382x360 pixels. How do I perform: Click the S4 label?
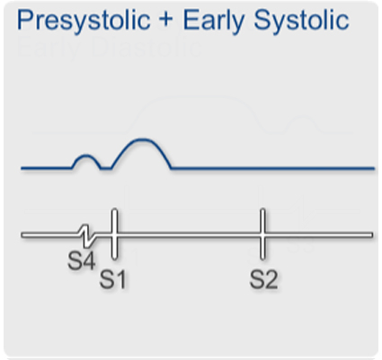tap(82, 262)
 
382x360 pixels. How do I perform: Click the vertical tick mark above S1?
tap(114, 232)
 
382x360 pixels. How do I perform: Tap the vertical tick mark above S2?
tap(262, 232)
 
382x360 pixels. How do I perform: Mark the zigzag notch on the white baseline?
tap(86, 235)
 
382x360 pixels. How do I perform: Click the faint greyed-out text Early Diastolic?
tap(108, 49)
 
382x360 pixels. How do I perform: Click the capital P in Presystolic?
tap(24, 21)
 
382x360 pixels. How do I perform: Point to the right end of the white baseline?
tap(370, 235)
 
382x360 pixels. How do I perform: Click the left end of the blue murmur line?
tap(23, 168)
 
